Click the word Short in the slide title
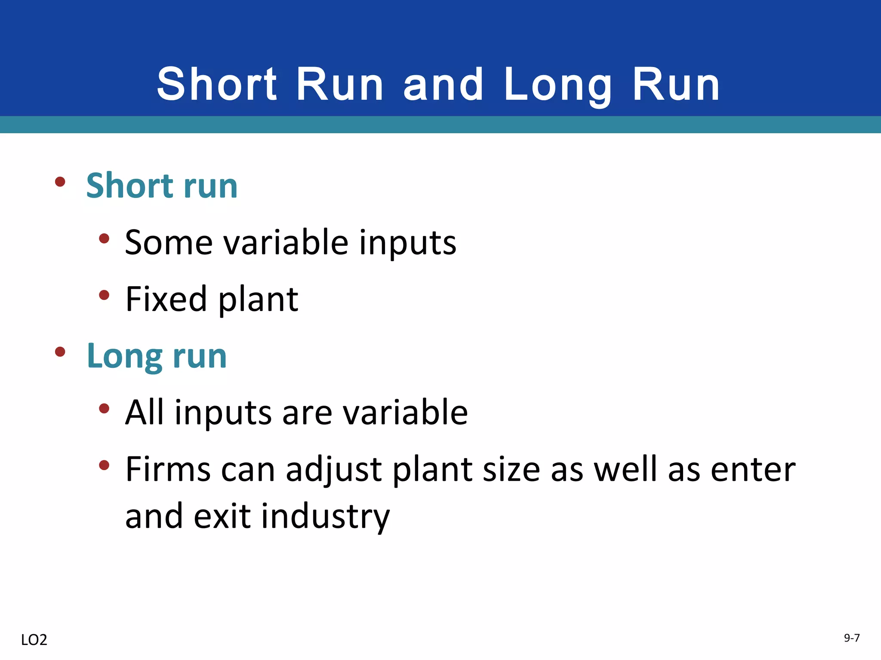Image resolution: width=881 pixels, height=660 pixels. pos(217,85)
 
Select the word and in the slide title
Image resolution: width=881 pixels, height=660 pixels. pos(444,85)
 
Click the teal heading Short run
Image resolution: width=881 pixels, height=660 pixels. pos(162,186)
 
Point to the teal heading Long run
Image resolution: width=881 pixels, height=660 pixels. pos(157,356)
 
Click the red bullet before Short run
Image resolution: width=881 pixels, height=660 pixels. pos(60,182)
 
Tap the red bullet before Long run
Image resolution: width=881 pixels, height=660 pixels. pos(60,352)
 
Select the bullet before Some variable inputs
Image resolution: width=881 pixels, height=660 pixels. pos(104,238)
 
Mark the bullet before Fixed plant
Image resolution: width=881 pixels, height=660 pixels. pos(104,295)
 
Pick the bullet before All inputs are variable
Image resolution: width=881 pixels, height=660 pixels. pos(104,408)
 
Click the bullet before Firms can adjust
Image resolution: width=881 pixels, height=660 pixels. pos(104,465)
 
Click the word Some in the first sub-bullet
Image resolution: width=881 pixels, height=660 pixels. pos(169,243)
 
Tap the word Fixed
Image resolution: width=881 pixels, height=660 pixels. pos(166,299)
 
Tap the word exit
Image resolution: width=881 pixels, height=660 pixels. pos(222,516)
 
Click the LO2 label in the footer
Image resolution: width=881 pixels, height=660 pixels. pos(34,640)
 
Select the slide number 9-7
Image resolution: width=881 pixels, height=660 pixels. pos(851,638)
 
